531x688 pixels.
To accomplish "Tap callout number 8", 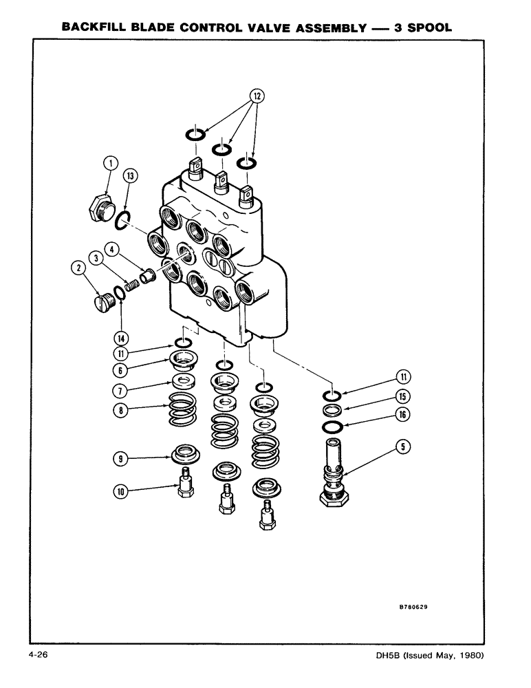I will [121, 408].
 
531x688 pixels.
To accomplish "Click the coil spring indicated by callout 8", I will [182, 413].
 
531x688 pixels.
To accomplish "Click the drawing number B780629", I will [416, 608].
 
